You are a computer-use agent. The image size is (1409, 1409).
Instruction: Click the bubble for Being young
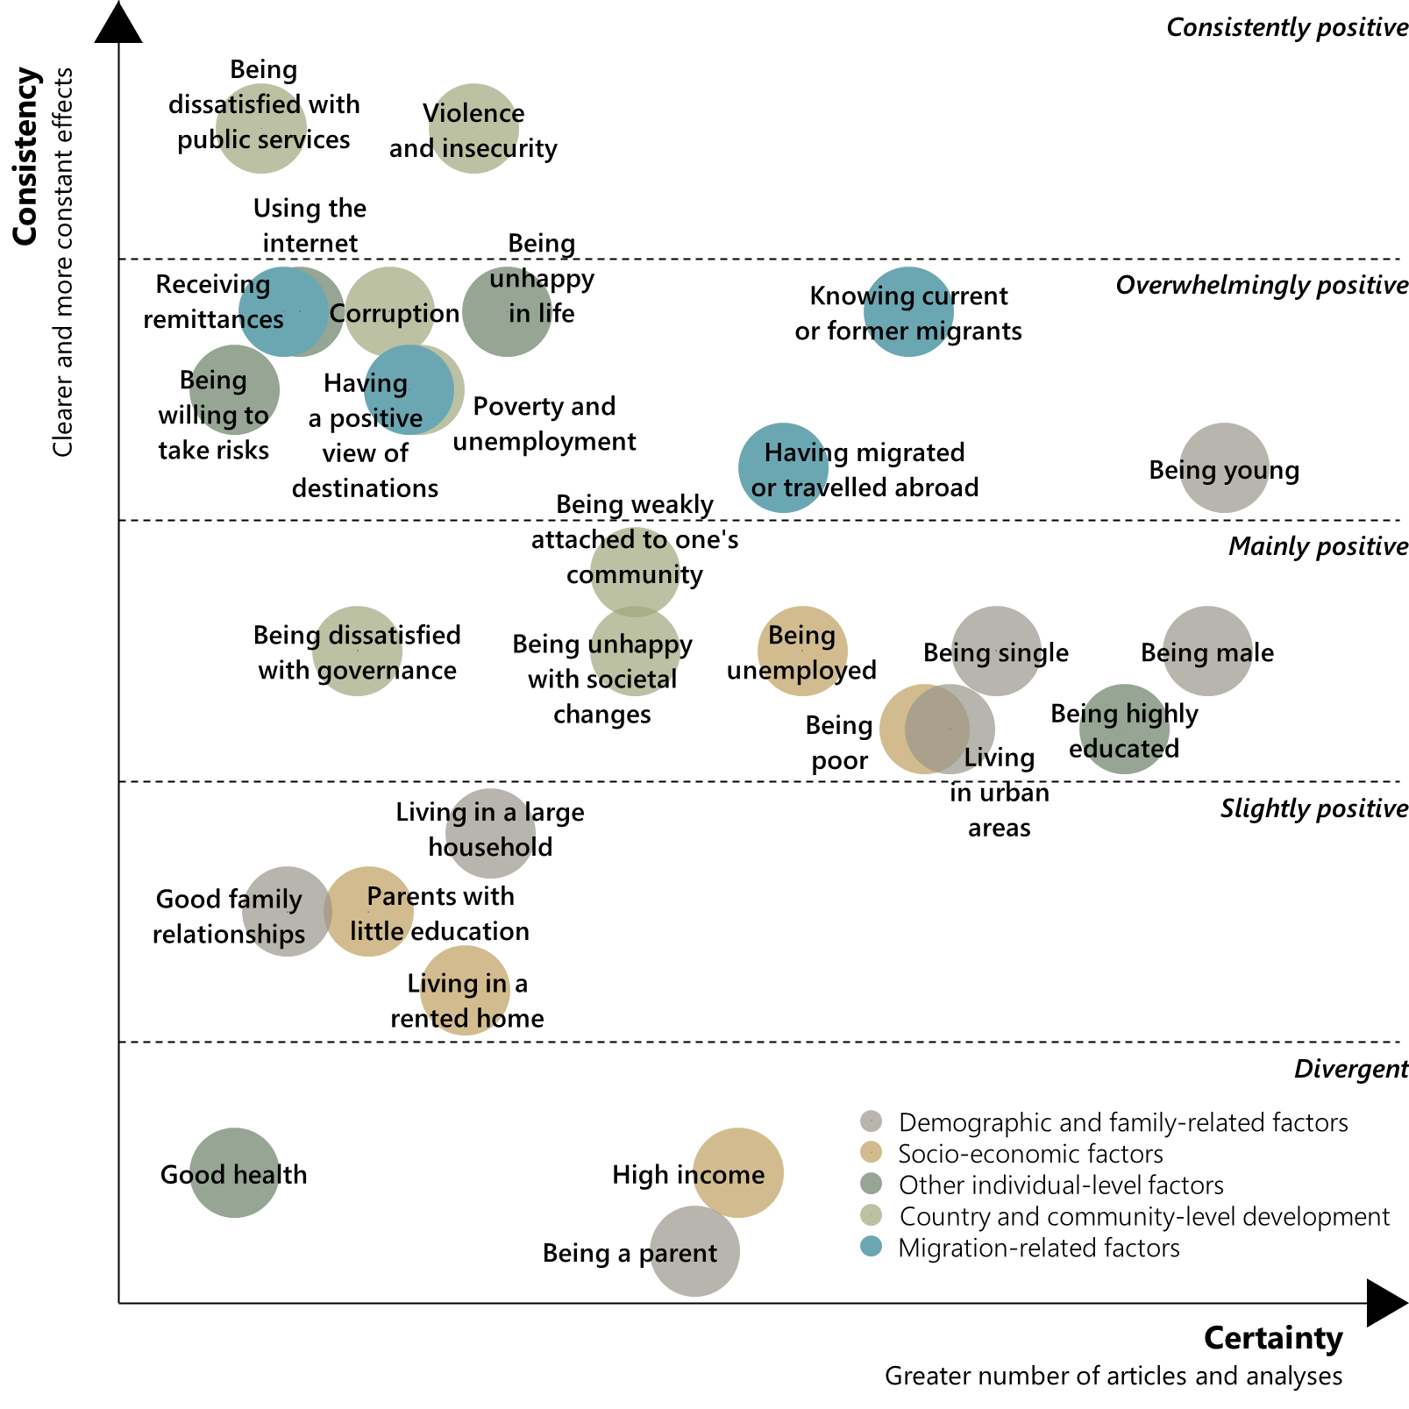pyautogui.click(x=1224, y=468)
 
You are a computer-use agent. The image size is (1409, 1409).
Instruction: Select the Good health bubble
pyautogui.click(x=234, y=1172)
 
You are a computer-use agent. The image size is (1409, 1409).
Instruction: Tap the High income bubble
pyautogui.click(x=737, y=1172)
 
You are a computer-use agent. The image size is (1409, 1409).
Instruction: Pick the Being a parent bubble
pyautogui.click(x=694, y=1251)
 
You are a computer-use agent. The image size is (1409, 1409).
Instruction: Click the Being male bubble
pyautogui.click(x=1207, y=651)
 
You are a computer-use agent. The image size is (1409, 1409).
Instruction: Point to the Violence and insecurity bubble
pyautogui.click(x=473, y=129)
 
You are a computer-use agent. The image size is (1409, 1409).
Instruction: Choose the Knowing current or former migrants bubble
pyautogui.click(x=908, y=311)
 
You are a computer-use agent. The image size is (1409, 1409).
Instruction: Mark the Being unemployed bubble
pyautogui.click(x=802, y=651)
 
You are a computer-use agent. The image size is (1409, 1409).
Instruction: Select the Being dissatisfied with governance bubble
pyautogui.click(x=357, y=651)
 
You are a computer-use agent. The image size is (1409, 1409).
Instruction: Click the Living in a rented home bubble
pyautogui.click(x=465, y=990)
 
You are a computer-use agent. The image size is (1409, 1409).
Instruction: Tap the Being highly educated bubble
pyautogui.click(x=1124, y=729)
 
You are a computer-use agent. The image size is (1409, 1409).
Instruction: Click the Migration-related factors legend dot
pyautogui.click(x=871, y=1247)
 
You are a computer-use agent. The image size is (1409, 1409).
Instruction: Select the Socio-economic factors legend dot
pyautogui.click(x=871, y=1152)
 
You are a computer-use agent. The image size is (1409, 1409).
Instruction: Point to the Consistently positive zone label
pyautogui.click(x=1286, y=27)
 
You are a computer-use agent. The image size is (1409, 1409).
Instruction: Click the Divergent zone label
pyautogui.click(x=1350, y=1069)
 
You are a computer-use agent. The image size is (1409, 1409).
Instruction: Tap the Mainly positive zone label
pyautogui.click(x=1317, y=546)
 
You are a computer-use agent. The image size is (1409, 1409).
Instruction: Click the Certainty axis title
pyautogui.click(x=1272, y=1338)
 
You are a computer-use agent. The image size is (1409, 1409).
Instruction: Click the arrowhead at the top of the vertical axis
pyautogui.click(x=118, y=24)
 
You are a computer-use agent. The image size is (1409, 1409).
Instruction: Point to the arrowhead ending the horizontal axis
pyautogui.click(x=1386, y=1303)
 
